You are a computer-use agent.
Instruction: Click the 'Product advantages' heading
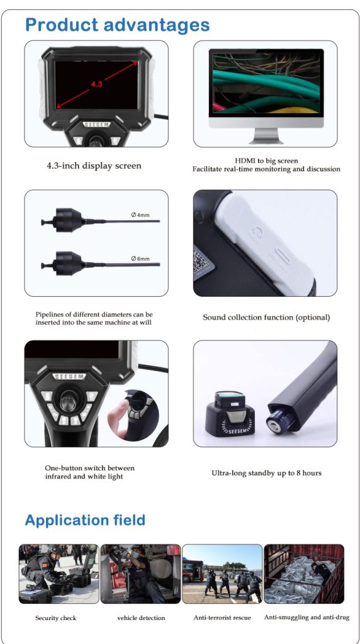click(x=117, y=25)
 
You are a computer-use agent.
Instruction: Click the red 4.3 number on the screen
click(x=96, y=84)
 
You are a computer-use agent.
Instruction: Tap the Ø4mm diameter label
click(x=140, y=215)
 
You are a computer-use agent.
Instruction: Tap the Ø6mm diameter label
click(x=140, y=258)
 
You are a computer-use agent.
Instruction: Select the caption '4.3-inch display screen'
click(x=94, y=166)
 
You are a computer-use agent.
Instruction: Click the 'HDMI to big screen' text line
click(x=266, y=160)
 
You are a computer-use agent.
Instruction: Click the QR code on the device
click(x=203, y=262)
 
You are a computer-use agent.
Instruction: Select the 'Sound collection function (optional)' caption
click(x=266, y=318)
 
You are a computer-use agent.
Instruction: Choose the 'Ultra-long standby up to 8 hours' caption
click(x=266, y=473)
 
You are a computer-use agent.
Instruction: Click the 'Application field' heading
click(x=85, y=520)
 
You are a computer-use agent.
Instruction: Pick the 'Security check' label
click(x=56, y=618)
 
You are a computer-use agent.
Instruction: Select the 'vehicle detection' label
click(x=141, y=618)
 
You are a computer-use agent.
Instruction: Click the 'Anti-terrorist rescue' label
click(x=222, y=618)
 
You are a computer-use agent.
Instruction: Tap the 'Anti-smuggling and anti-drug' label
click(x=307, y=618)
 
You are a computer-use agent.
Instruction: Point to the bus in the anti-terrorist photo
click(x=193, y=571)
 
